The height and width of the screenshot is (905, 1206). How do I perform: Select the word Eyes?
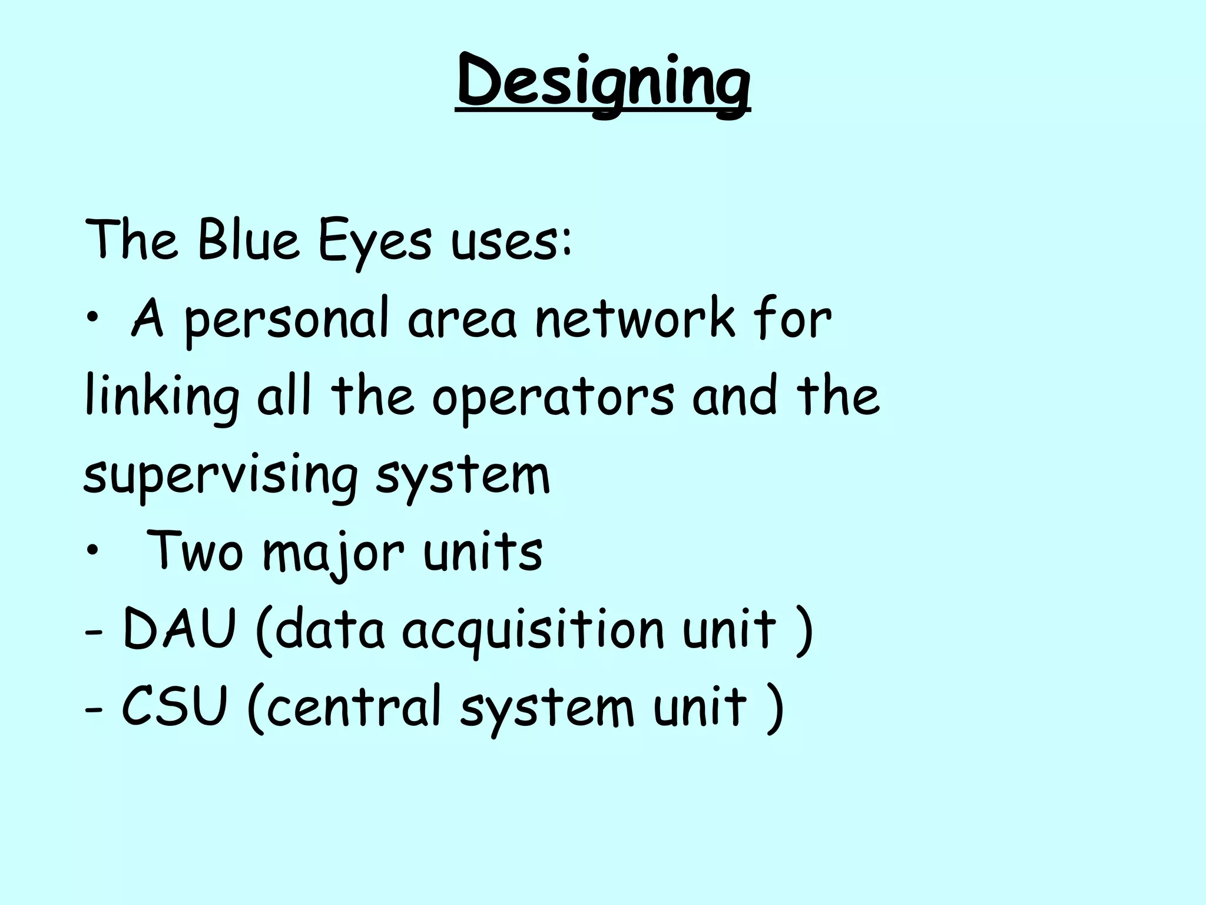tap(375, 243)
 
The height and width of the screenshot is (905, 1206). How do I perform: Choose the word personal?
tap(286, 322)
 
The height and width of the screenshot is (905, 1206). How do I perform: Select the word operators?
tap(553, 398)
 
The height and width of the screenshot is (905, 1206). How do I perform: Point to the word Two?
tap(194, 551)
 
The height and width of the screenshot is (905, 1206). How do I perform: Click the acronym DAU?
tap(179, 629)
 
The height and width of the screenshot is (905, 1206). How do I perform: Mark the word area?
tap(462, 321)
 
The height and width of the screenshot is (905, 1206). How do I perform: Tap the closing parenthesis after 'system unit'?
tap(775, 708)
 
